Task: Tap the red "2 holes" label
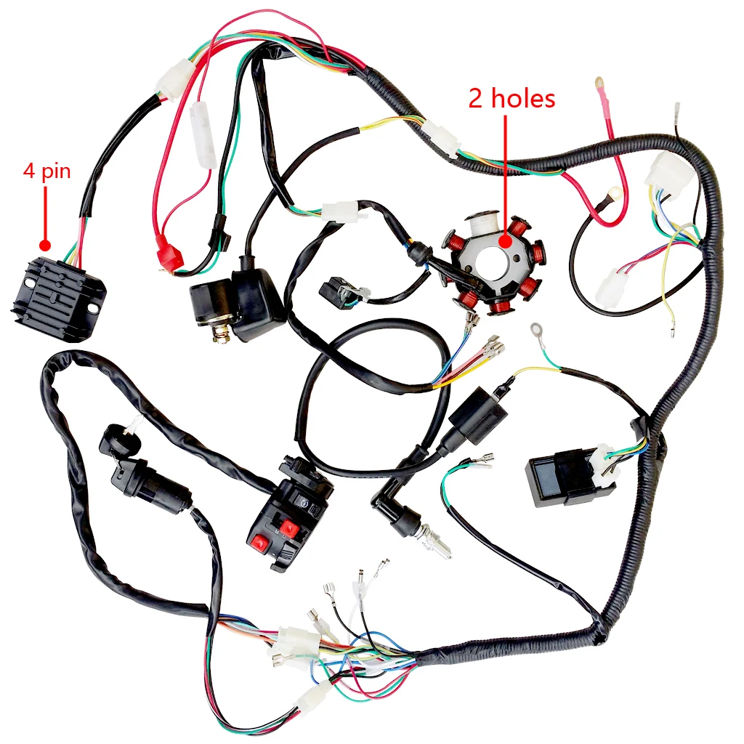[511, 99]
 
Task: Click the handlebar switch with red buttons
[287, 519]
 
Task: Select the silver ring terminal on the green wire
[538, 331]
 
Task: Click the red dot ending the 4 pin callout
[45, 246]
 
